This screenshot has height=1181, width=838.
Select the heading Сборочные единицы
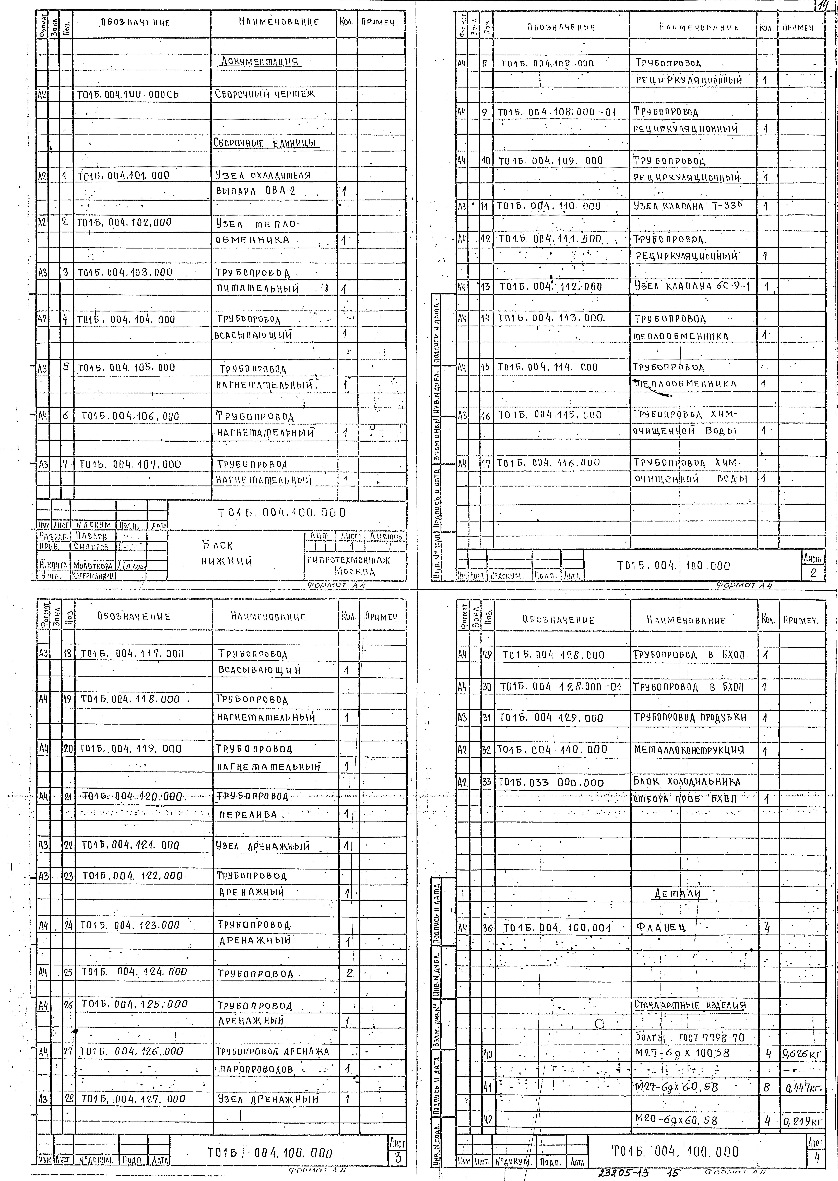point(266,143)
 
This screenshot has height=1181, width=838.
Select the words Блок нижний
point(226,553)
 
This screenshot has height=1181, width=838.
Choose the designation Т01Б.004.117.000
point(132,653)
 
